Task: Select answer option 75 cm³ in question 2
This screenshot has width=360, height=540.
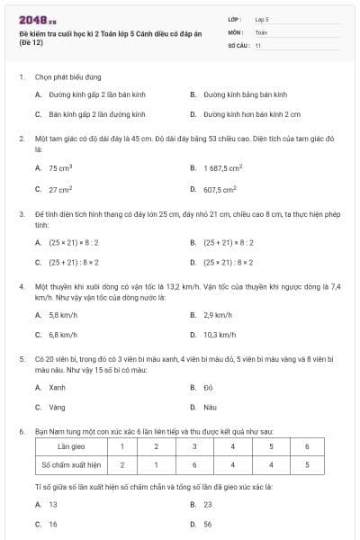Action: pos(60,168)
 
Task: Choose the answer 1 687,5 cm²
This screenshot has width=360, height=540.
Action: pos(222,168)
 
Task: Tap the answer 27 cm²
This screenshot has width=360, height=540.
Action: pos(60,190)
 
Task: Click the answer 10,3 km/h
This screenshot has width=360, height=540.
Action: pos(219,335)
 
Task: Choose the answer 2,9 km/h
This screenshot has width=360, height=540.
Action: pos(218,315)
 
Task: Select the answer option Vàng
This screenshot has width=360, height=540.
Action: pos(57,407)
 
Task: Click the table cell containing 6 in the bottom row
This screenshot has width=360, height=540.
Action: pos(193,465)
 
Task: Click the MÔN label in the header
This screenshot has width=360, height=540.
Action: pos(236,31)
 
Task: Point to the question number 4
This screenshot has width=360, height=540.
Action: pos(21,285)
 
